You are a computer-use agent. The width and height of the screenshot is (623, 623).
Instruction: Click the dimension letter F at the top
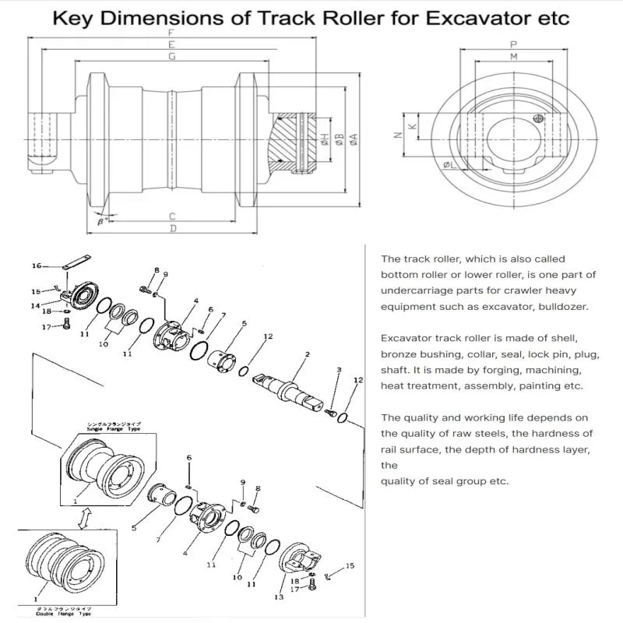click(x=171, y=33)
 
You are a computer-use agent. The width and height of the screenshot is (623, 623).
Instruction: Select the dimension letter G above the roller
click(x=171, y=58)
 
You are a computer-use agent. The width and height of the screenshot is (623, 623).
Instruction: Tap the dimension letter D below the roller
click(x=173, y=228)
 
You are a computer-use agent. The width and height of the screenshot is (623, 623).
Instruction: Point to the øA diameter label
click(x=353, y=139)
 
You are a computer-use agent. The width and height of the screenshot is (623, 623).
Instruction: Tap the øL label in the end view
click(x=449, y=165)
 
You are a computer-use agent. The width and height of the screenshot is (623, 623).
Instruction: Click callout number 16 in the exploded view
click(x=36, y=266)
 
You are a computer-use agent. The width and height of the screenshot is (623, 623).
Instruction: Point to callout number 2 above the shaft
click(x=308, y=354)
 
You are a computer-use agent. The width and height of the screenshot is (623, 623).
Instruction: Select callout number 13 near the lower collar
click(x=278, y=597)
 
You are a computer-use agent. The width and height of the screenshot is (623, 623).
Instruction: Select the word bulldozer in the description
click(x=561, y=306)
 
